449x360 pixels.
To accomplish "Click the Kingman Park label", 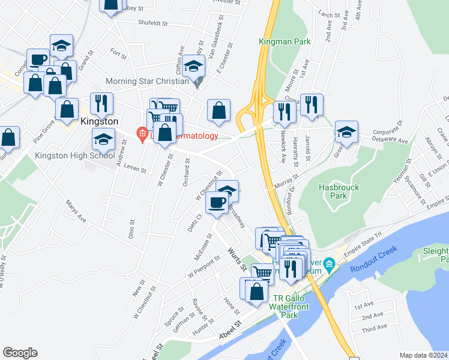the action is pos(285,41).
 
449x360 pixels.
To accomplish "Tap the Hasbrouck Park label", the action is pos(339,191).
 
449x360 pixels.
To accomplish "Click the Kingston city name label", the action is pos(97,121).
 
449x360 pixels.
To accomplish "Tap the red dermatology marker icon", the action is pos(142,133).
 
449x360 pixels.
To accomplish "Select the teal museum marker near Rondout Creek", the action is pos(329,264).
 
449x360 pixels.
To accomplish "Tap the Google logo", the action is pos(20,352).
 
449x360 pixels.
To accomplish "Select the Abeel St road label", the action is pos(230,331).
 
